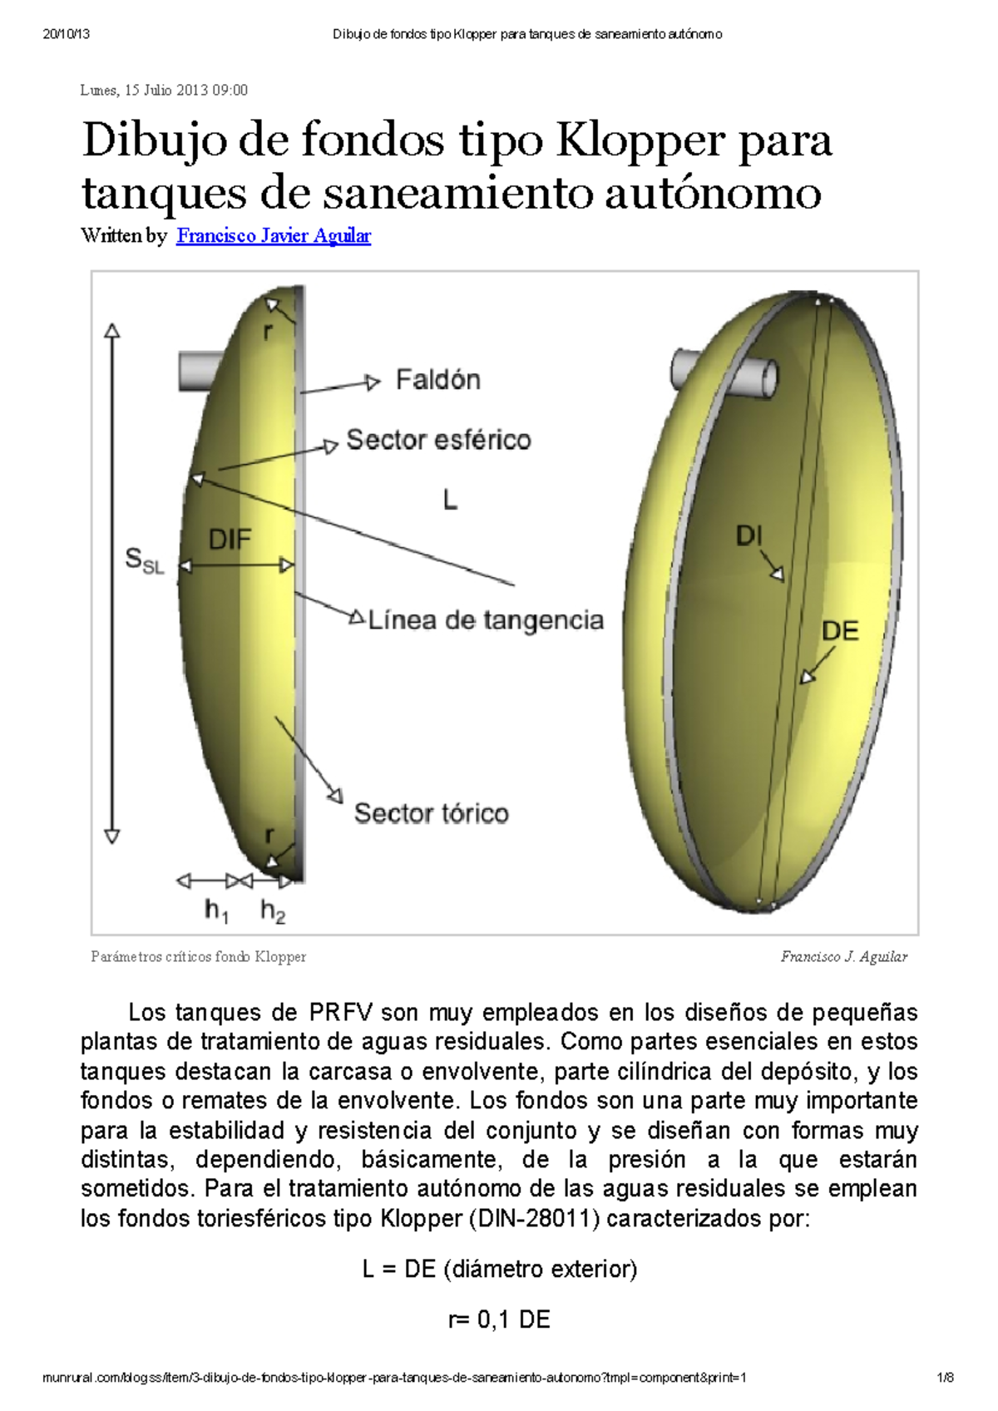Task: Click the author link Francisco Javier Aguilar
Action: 274,236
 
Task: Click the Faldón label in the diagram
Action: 437,380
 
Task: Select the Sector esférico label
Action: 438,440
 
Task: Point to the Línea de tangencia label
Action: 486,620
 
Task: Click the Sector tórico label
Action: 431,813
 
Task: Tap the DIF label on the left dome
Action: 230,540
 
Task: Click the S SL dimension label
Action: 144,560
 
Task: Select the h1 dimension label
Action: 216,911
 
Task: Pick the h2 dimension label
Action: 273,911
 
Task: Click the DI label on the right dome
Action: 748,536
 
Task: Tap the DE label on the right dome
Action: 839,631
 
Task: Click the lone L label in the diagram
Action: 450,500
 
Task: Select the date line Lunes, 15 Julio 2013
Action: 164,90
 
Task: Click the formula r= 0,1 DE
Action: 499,1320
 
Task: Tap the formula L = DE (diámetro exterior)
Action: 499,1270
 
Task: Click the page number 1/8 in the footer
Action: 945,1378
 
